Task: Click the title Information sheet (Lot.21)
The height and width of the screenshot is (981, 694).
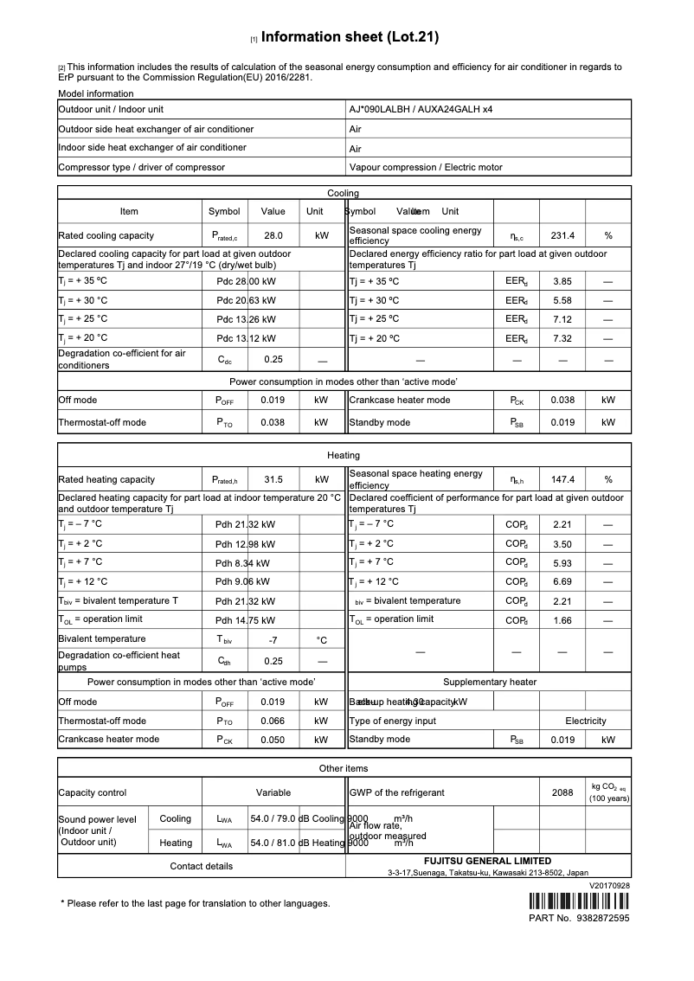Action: (x=350, y=37)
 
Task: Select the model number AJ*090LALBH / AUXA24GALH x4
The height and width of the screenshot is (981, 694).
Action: (x=421, y=110)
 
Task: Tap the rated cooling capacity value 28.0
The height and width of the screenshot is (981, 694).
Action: (x=273, y=235)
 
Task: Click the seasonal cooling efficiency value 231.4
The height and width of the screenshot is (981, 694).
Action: (x=562, y=235)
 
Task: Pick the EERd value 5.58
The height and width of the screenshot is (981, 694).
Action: (x=562, y=300)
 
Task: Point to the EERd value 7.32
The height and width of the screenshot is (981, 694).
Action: (x=562, y=338)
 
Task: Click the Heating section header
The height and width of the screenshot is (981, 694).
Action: (x=344, y=455)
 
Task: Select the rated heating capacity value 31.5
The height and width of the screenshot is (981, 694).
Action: (x=273, y=479)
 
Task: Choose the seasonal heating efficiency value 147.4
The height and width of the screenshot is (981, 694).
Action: (x=562, y=479)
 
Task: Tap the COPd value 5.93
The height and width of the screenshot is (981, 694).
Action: (x=562, y=562)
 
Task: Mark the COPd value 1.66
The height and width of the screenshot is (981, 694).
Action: (x=562, y=620)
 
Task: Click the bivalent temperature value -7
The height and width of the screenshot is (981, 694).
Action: (x=273, y=641)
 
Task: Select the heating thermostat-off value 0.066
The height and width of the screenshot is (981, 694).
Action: (x=273, y=721)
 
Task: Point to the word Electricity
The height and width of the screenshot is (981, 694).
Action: (x=586, y=721)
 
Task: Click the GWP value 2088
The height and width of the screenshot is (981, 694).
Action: (x=562, y=792)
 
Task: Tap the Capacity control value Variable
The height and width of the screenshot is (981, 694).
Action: (x=273, y=792)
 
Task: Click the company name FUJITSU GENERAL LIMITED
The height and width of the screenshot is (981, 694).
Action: (x=487, y=861)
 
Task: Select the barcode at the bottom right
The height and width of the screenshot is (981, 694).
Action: (x=579, y=901)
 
